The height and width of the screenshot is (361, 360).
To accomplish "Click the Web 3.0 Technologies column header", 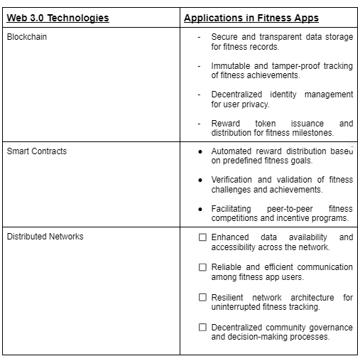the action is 58,18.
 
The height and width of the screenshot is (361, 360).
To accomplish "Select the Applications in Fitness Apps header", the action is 251,18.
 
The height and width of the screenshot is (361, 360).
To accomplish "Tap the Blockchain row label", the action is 26,37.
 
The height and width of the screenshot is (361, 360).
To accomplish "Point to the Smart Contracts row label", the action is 37,151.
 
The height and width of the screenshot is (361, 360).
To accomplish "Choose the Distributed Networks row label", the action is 45,237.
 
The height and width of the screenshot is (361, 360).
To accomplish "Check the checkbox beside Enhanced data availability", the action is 202,237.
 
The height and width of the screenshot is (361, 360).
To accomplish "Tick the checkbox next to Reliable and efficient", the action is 202,267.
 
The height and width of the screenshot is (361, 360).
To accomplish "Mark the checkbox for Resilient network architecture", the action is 202,297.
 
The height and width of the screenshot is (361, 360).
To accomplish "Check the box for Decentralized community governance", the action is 202,328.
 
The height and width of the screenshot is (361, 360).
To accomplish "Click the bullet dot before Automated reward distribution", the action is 201,152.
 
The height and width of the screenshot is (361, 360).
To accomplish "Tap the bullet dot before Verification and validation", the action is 201,180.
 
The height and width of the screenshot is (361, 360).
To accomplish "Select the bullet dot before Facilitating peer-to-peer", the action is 201,209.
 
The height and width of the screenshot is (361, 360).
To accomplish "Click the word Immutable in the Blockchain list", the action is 229,66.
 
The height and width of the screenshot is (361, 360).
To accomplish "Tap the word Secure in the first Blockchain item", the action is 224,37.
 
